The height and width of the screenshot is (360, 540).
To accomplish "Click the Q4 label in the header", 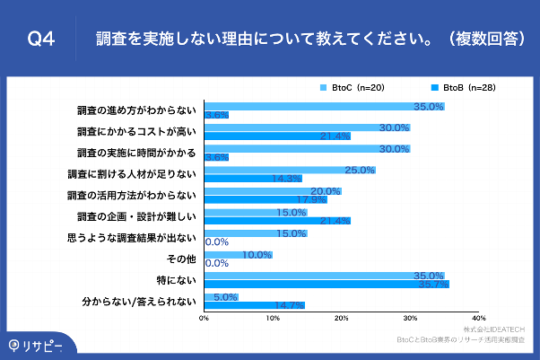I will (41, 40).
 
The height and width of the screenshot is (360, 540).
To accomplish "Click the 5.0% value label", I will (225, 296).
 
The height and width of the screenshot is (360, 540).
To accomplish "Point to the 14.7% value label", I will (289, 305).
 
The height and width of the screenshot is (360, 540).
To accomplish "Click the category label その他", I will (180, 259).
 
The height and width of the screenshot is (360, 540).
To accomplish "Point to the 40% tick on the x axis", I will (478, 318).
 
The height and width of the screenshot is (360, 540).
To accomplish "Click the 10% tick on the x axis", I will (273, 318).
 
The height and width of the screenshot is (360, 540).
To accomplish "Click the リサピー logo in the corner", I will (36, 345).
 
